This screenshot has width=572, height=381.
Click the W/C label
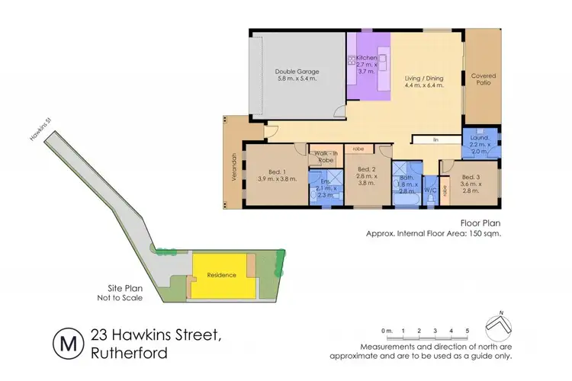(x=428, y=190)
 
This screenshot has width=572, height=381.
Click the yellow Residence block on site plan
(x=223, y=276)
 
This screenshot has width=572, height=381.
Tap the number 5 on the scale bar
(x=466, y=331)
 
